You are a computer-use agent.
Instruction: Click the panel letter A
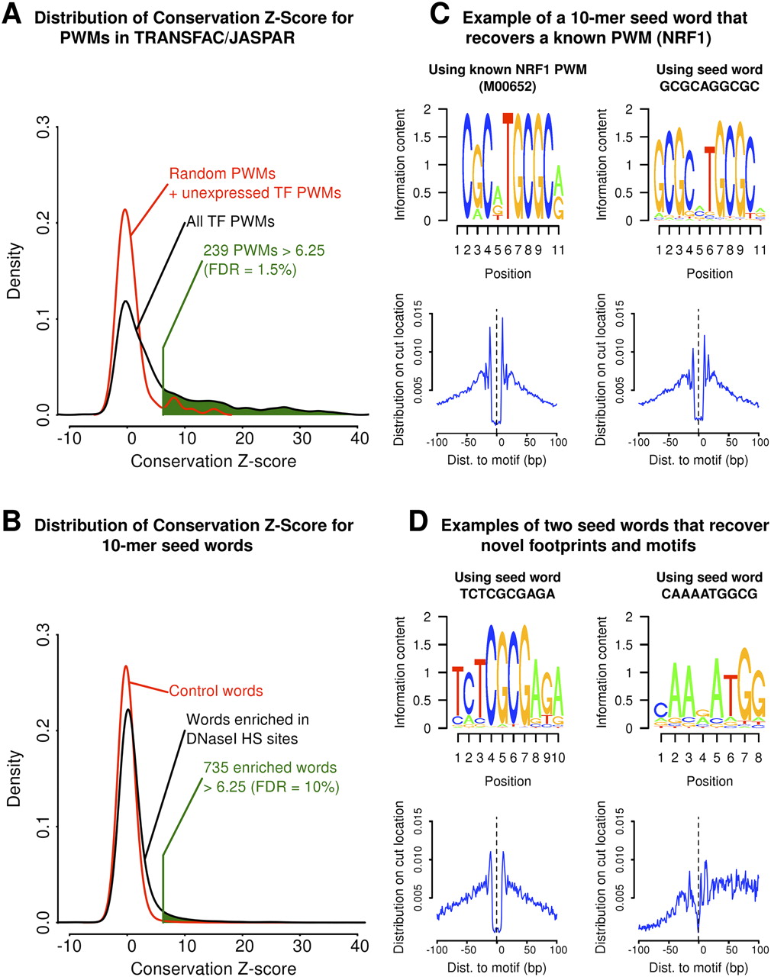11,14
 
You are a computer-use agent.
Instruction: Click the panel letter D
418,522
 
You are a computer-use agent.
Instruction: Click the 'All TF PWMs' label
230,222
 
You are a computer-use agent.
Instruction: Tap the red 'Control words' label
216,692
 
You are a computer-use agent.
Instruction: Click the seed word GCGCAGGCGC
710,86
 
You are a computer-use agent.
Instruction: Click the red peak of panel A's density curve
124,211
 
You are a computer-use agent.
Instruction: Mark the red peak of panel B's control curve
126,666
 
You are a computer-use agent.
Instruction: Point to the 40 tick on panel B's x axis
359,945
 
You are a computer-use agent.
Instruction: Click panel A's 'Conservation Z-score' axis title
214,461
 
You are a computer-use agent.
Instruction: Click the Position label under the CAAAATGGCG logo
710,781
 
